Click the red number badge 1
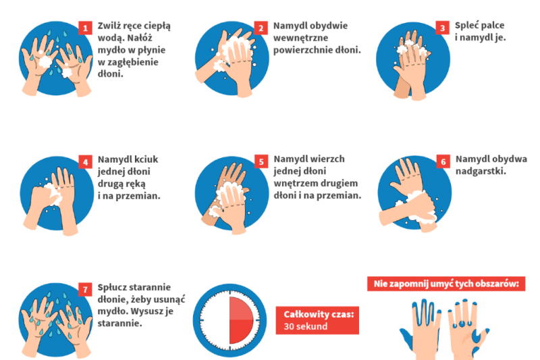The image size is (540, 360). coord(86,28)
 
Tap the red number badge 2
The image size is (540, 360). coord(261,28)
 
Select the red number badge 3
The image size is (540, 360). coord(443,28)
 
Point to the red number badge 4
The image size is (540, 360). coord(86,162)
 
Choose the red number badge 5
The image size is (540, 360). coord(261,162)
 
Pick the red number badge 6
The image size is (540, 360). coord(443,161)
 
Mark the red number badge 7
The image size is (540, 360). coord(85,290)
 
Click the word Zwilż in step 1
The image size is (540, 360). coord(108,26)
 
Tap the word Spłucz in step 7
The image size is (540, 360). coord(113,288)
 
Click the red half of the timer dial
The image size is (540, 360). coord(241,320)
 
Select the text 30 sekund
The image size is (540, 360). coord(306,327)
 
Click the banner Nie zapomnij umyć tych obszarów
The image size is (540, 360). coord(446,284)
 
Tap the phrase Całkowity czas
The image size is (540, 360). coord(319,314)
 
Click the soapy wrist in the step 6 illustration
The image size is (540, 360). coord(420,207)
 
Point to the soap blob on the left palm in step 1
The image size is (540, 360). coord(45,61)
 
